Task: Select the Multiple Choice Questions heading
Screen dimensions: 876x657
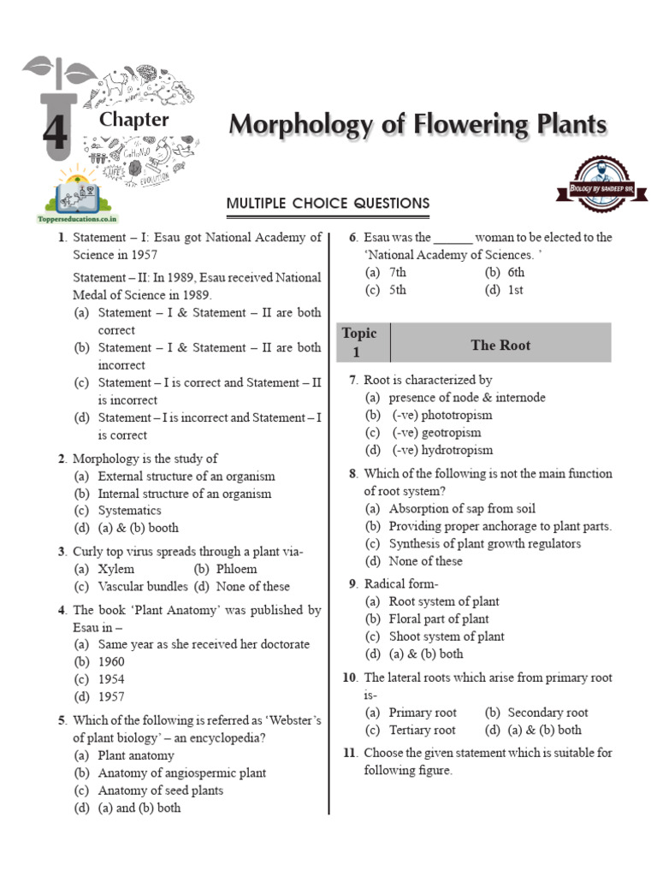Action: tap(328, 203)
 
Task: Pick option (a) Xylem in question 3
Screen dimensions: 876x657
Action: tap(115, 569)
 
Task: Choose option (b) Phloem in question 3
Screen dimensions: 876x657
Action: tap(236, 569)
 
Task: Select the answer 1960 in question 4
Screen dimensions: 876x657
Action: tap(110, 661)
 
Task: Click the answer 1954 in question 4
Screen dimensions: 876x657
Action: tap(110, 679)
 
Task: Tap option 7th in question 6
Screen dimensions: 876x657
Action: tap(397, 272)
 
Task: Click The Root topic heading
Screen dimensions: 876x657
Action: tap(500, 345)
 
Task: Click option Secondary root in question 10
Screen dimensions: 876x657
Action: tap(547, 713)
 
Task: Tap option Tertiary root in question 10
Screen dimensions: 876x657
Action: tap(422, 730)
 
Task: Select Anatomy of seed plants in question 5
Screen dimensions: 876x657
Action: tap(160, 790)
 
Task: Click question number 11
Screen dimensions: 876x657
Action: tap(349, 753)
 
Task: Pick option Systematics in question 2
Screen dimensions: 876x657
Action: tap(129, 511)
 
